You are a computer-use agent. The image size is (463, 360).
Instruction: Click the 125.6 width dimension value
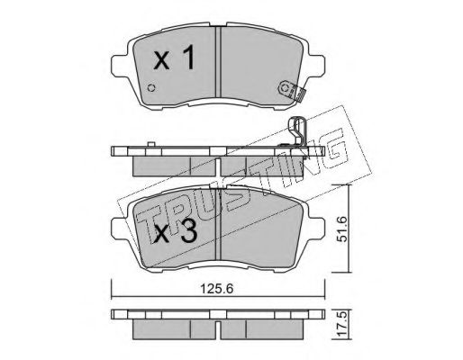tap(217, 289)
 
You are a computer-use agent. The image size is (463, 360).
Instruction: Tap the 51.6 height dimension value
tap(341, 229)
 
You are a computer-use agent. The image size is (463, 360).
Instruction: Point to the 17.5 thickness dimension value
tap(342, 325)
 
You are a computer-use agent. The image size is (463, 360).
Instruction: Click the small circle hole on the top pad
tap(152, 88)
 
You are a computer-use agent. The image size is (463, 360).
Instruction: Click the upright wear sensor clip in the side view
tap(297, 131)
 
